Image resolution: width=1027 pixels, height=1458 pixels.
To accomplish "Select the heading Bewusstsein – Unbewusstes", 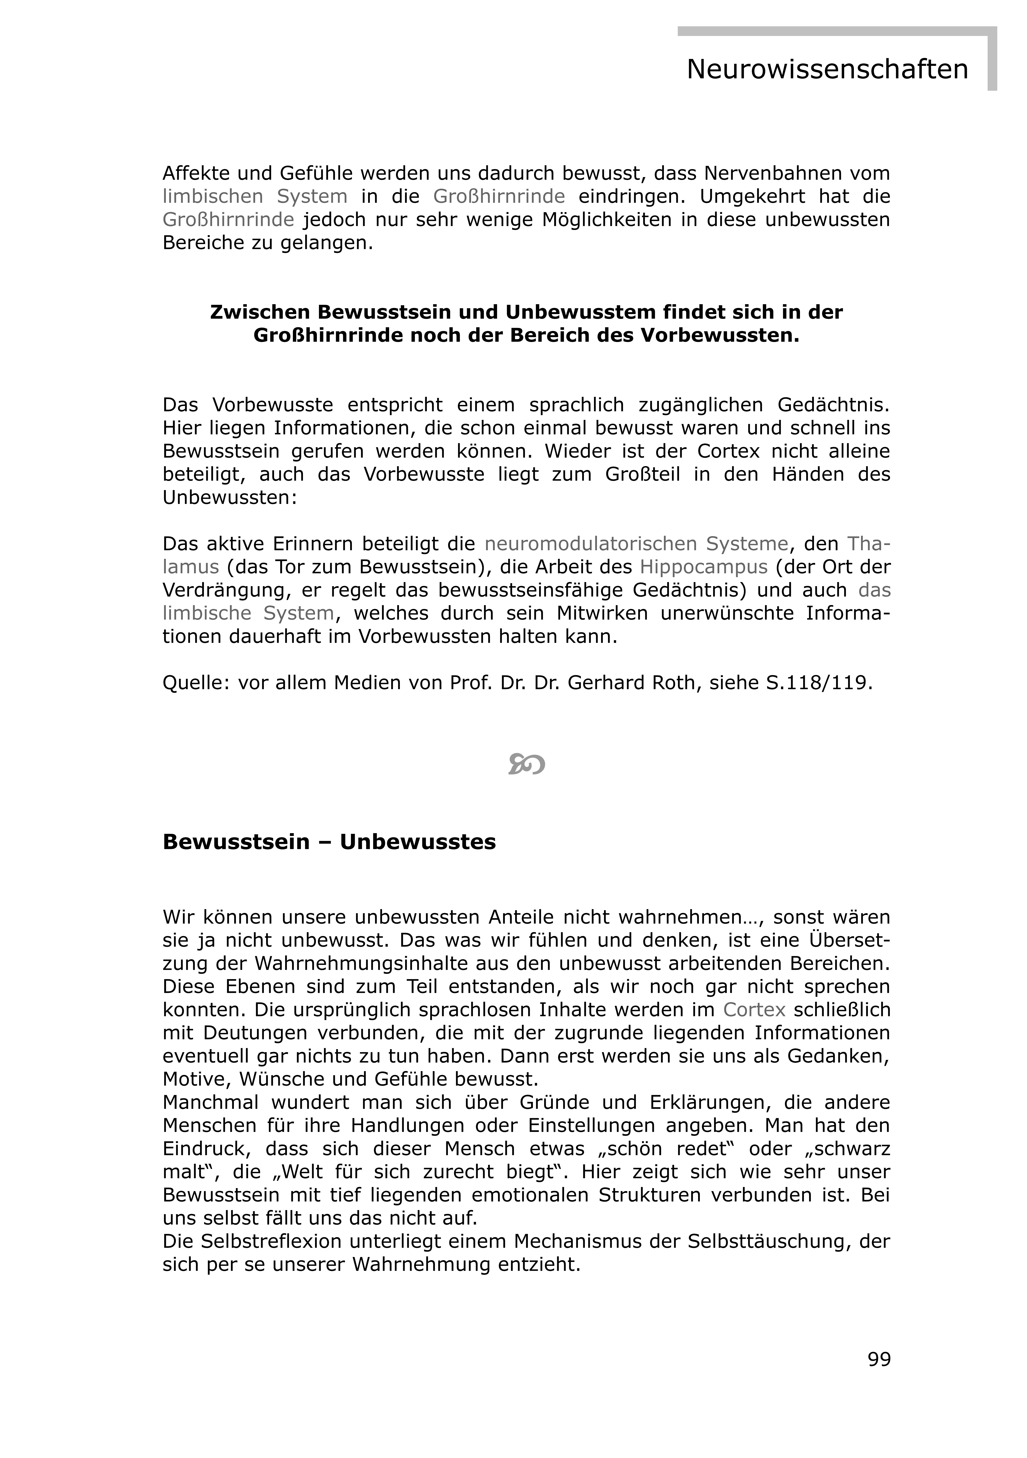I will [x=329, y=842].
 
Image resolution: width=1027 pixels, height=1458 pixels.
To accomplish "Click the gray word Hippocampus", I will [x=703, y=567].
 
